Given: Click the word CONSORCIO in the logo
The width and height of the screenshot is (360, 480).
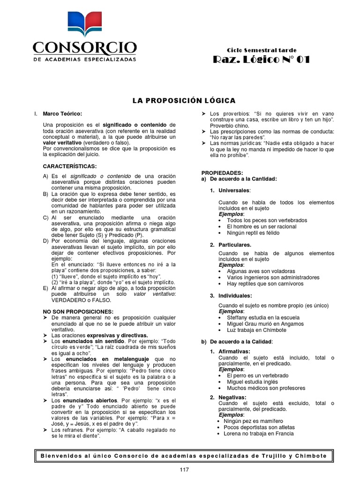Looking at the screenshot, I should tap(84, 48).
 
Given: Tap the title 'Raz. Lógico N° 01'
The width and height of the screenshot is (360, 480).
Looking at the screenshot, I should tap(261, 60).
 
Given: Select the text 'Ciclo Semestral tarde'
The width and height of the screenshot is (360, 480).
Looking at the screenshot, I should tap(261, 50).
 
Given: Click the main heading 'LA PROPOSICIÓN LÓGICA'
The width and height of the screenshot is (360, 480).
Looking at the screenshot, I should tap(184, 101).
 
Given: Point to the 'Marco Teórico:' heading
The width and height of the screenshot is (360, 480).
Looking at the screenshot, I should tap(62, 114).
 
